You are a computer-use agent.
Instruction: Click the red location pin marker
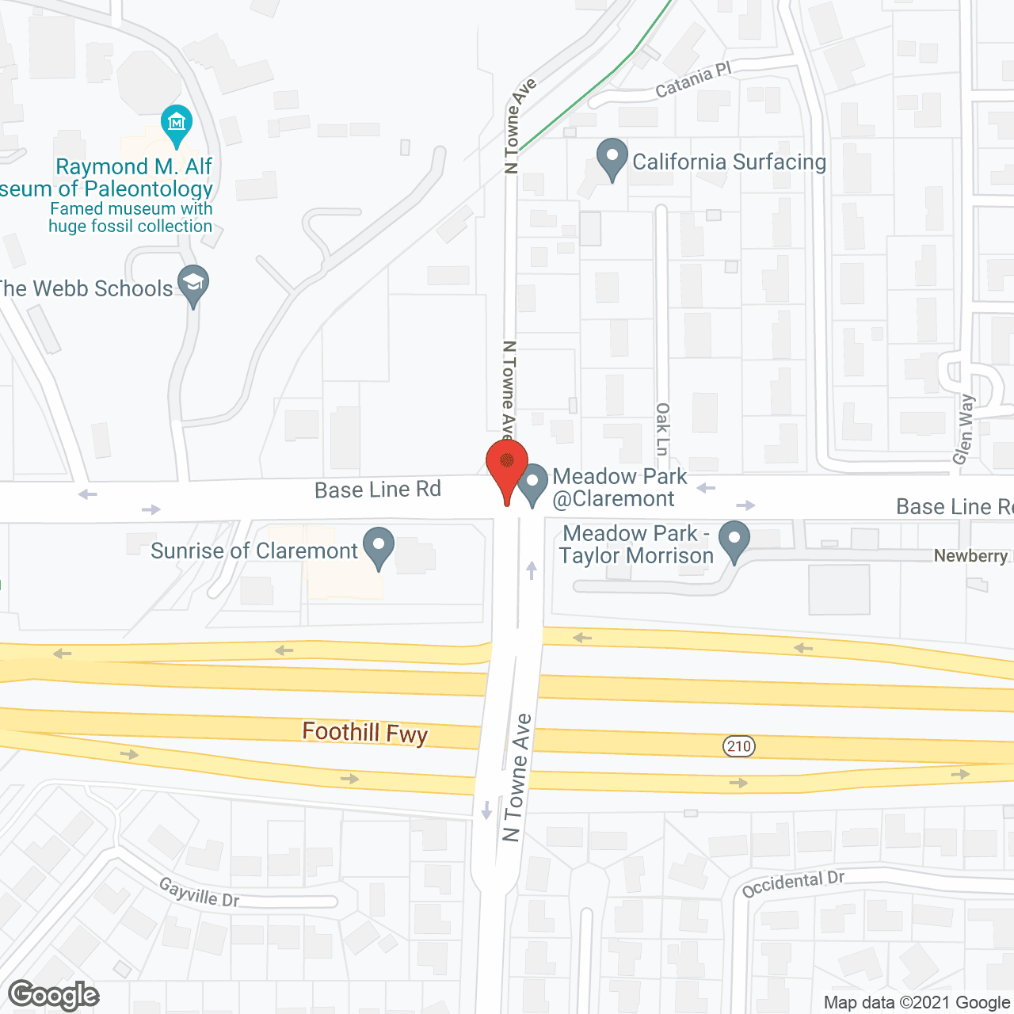[506, 463]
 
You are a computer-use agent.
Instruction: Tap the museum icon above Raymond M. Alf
[177, 123]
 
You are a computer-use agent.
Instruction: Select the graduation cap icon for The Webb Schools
[193, 284]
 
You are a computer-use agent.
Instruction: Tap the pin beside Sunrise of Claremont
[379, 546]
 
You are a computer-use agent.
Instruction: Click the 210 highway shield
[738, 745]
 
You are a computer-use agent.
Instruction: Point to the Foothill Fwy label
[364, 732]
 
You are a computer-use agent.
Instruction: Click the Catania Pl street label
[693, 81]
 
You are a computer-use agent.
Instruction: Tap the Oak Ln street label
[662, 429]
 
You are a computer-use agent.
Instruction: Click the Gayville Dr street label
[199, 892]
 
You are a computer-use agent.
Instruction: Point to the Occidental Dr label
[793, 883]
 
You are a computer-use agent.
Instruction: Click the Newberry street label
[971, 556]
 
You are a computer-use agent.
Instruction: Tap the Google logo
[53, 995]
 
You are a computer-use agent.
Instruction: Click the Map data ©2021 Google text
[917, 1003]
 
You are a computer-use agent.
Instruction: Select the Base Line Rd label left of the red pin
[377, 490]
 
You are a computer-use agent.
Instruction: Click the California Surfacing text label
[729, 162]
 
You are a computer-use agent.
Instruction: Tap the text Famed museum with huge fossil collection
[131, 218]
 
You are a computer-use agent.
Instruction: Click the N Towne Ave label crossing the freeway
[516, 778]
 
